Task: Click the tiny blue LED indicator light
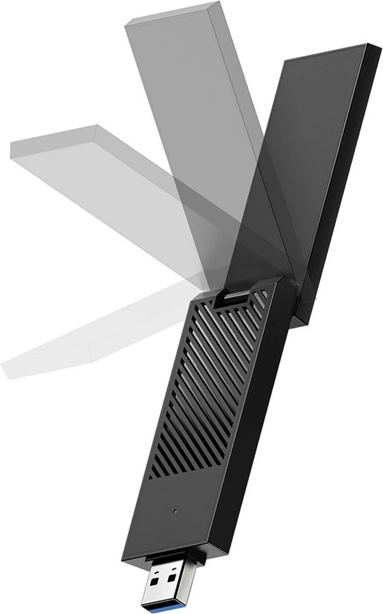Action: [176, 513]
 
